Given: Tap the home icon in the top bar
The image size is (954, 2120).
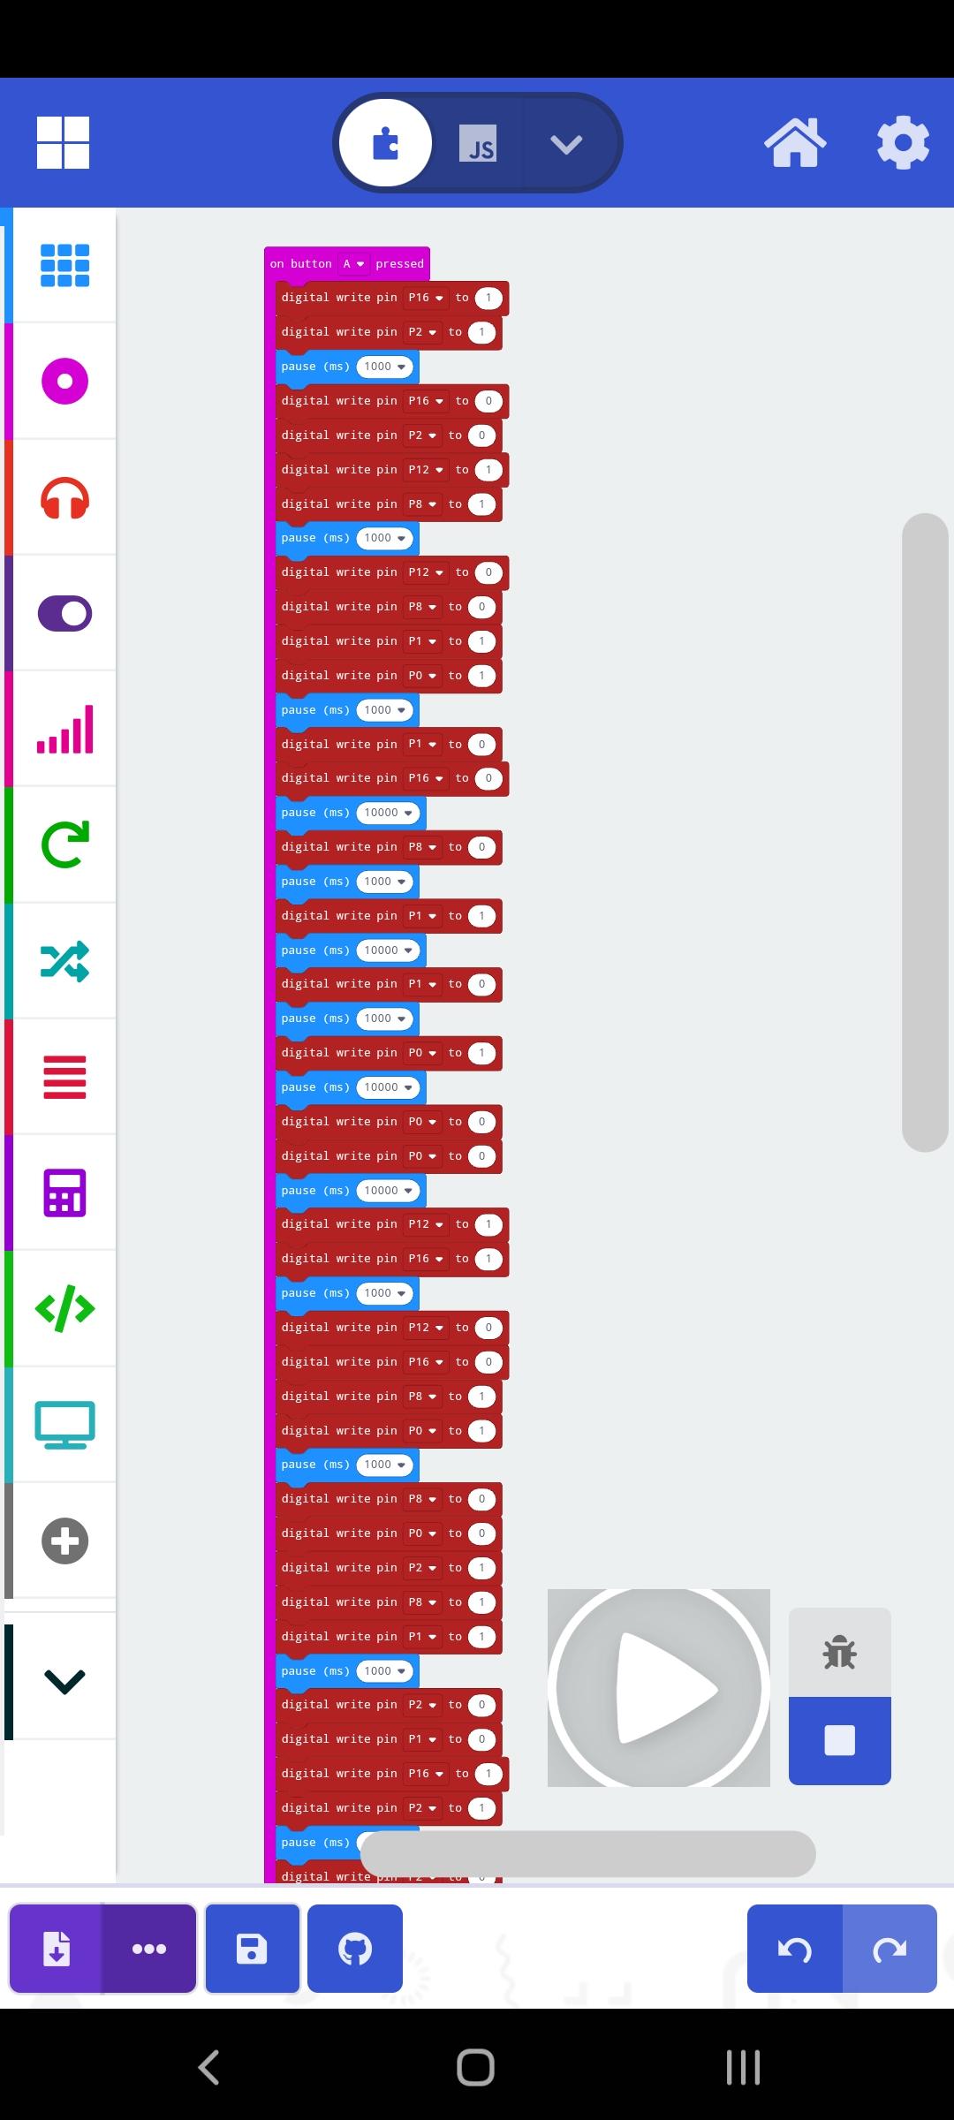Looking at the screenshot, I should (x=795, y=142).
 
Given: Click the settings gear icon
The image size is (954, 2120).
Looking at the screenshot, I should (x=902, y=142).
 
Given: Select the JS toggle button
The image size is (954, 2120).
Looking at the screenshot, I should (x=478, y=143).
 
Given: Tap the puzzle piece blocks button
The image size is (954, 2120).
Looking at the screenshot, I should (x=386, y=143).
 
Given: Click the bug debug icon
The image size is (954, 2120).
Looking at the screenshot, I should (x=839, y=1652).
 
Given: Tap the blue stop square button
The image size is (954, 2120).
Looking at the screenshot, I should (x=839, y=1740).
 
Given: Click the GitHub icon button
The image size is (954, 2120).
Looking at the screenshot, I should (x=355, y=1949).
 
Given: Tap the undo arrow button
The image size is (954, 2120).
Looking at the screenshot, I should (x=795, y=1949).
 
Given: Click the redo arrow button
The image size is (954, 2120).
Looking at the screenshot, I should (x=890, y=1949).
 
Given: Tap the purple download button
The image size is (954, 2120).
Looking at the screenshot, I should (x=57, y=1949).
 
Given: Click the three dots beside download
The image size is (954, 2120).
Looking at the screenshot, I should (x=148, y=1949).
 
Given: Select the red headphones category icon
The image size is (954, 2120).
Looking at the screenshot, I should (x=64, y=497).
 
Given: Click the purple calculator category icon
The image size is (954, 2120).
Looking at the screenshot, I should (x=64, y=1192).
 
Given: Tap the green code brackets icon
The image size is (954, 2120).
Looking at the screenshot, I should (x=64, y=1308).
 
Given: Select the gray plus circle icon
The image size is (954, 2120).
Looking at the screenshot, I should (x=64, y=1541).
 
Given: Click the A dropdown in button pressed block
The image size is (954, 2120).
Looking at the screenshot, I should (x=353, y=263).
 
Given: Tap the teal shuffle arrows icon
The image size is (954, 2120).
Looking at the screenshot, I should (x=64, y=961).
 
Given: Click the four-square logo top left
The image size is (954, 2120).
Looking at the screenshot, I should (x=63, y=142).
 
